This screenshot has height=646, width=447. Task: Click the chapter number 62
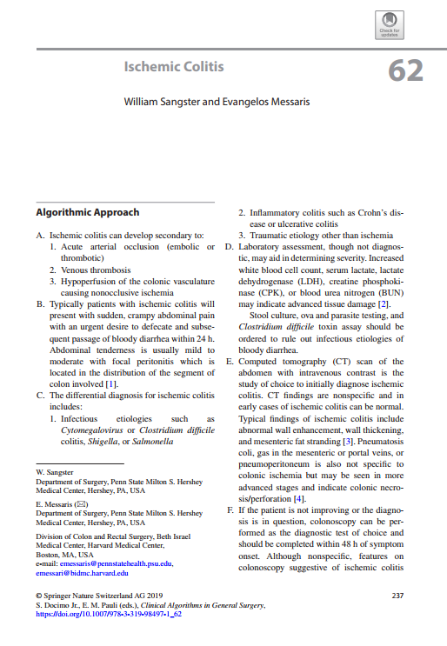(x=406, y=70)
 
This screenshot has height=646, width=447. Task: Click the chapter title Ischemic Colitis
(x=174, y=67)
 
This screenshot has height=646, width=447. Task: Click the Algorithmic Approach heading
(x=87, y=212)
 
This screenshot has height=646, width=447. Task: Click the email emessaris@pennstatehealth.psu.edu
(x=117, y=563)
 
